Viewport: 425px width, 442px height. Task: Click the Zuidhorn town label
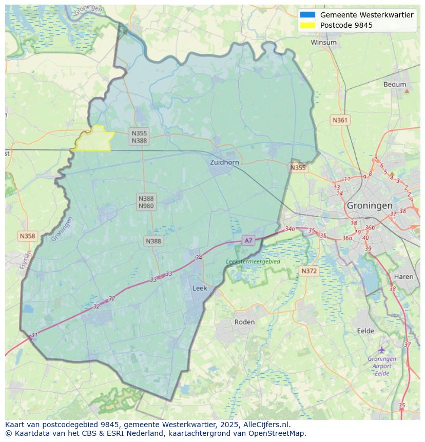(x=224, y=162)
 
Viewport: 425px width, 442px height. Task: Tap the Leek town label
(x=200, y=288)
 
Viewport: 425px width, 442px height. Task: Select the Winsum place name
(x=323, y=43)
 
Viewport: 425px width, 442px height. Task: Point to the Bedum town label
(x=394, y=85)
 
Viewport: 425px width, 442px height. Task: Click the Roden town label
(x=244, y=322)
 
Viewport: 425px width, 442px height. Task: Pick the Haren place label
(x=403, y=277)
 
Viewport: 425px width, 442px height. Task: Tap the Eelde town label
(x=365, y=331)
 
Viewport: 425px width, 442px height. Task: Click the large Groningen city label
(x=370, y=205)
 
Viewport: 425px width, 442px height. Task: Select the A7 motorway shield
(x=248, y=240)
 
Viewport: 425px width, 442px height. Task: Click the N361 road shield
(x=340, y=120)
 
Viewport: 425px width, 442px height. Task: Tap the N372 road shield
(x=309, y=271)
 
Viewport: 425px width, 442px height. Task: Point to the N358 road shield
(x=27, y=236)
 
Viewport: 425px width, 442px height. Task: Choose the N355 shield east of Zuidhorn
(x=298, y=168)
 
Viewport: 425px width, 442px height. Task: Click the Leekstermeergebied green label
(x=253, y=261)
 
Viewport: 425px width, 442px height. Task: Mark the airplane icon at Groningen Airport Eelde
(x=382, y=350)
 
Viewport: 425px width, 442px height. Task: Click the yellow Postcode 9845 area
(x=93, y=140)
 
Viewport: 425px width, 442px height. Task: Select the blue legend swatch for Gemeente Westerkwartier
(x=308, y=15)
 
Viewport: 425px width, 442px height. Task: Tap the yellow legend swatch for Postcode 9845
(x=308, y=25)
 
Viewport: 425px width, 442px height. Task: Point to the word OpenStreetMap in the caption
(x=279, y=433)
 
